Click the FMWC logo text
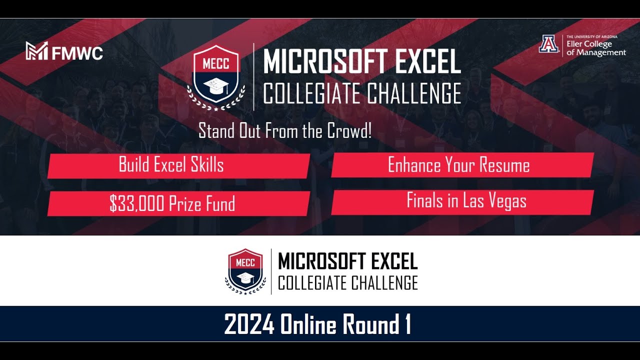(77, 52)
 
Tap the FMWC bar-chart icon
(37, 51)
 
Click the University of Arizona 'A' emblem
(548, 44)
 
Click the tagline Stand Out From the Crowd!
(285, 131)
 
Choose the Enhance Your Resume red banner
(459, 165)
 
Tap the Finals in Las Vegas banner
(466, 201)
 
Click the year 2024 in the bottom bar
(249, 325)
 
